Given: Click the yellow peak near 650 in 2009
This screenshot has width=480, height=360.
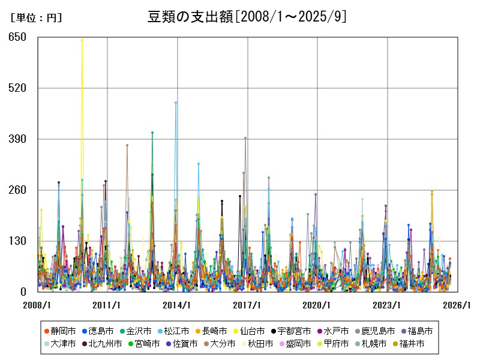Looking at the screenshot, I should [82, 40].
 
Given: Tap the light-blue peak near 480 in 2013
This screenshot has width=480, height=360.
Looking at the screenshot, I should [176, 103].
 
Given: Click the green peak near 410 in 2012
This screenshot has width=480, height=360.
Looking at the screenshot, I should [152, 133].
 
